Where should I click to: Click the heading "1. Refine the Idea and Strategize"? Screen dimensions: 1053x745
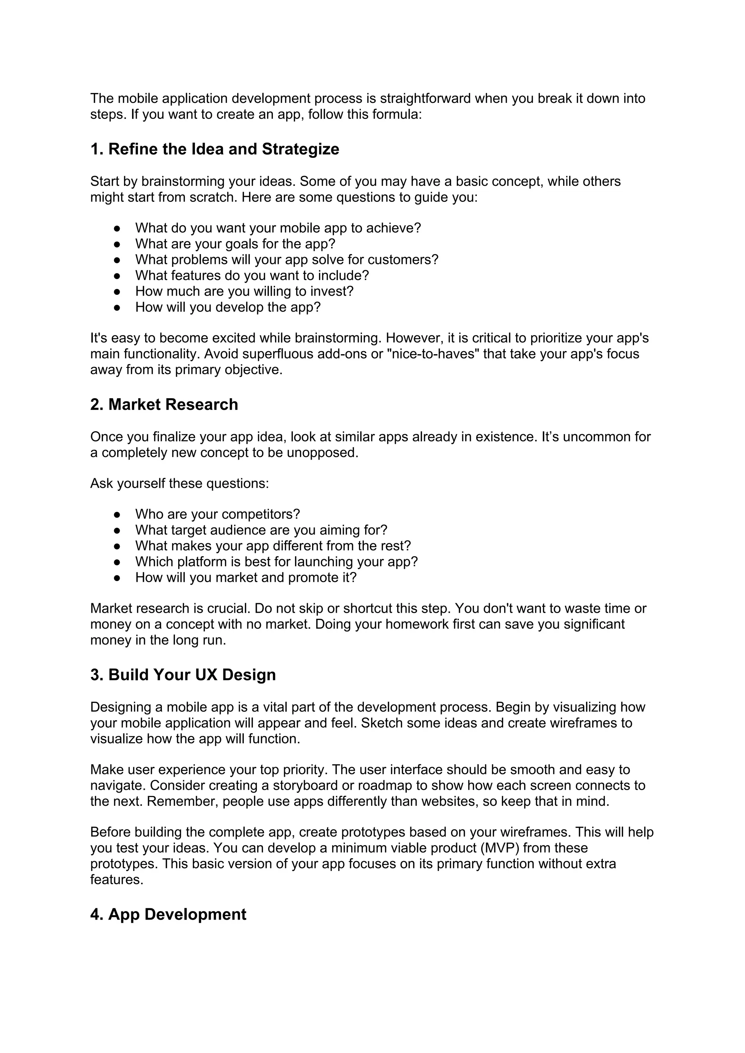point(214,149)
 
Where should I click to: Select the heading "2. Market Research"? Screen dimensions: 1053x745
point(164,404)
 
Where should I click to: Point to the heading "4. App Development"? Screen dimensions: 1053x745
point(168,914)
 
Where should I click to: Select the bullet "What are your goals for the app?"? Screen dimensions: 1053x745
point(235,244)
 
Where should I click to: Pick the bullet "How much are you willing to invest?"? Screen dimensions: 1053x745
point(244,291)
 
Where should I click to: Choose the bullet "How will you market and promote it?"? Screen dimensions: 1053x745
point(246,577)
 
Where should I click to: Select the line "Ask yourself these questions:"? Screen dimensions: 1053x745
point(179,483)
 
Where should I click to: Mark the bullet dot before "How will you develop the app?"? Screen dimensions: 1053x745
point(117,307)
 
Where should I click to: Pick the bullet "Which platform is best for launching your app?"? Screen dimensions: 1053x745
point(276,562)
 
